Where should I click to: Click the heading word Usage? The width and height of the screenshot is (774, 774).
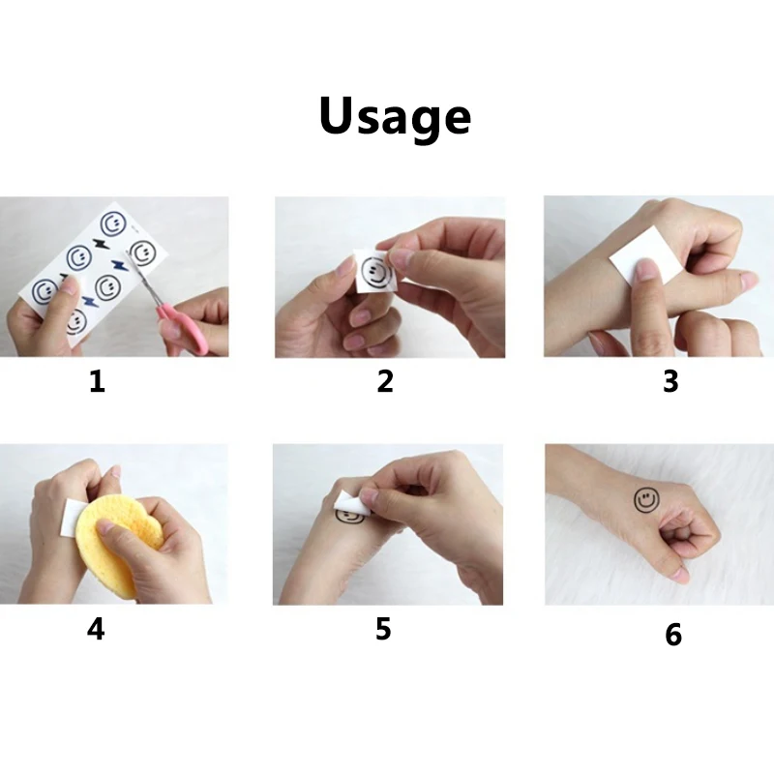click(x=395, y=117)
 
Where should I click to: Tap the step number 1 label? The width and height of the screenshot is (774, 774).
click(x=98, y=381)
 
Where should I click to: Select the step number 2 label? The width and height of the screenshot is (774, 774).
click(x=385, y=381)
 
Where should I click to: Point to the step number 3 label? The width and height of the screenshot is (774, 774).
click(x=670, y=381)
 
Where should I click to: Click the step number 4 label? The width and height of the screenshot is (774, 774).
click(x=96, y=629)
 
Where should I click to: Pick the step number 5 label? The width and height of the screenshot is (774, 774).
click(x=383, y=629)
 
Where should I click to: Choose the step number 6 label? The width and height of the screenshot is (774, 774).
click(x=673, y=635)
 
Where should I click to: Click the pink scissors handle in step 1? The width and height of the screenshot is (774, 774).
click(x=184, y=326)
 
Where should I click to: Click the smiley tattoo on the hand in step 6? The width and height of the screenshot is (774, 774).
click(x=646, y=500)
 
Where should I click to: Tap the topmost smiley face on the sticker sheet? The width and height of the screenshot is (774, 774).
click(x=113, y=224)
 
